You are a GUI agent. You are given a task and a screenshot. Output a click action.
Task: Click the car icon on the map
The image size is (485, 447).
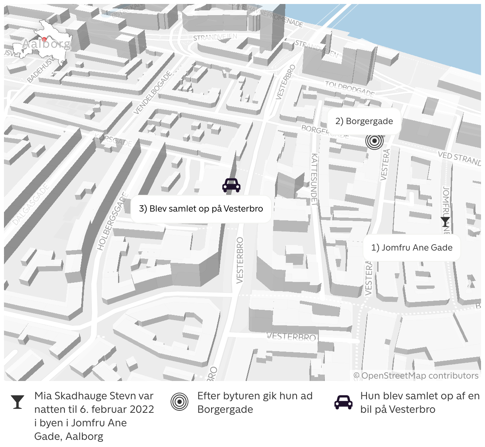click(231, 185)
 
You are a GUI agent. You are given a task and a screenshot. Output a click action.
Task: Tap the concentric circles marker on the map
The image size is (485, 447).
click(374, 141)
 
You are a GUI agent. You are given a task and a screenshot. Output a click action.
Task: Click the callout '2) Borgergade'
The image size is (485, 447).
click(364, 121)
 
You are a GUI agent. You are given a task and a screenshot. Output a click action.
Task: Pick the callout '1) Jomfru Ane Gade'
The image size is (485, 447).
click(412, 248)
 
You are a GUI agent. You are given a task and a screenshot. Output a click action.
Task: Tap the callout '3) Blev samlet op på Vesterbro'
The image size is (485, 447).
click(201, 209)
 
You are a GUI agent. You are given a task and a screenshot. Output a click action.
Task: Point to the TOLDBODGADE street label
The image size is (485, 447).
click(349, 89)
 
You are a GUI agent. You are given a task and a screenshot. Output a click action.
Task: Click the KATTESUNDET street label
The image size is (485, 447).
click(315, 179)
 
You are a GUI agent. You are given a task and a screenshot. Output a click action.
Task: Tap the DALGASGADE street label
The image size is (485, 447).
click(31, 204)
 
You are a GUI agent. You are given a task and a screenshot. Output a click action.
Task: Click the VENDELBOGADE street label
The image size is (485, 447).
click(153, 93)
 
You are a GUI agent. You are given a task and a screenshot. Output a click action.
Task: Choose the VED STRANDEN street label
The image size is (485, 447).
click(459, 158)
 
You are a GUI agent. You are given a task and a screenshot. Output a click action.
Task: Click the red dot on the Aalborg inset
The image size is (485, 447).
click(44, 39)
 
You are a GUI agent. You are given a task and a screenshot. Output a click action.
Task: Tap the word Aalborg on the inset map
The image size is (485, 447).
click(47, 44)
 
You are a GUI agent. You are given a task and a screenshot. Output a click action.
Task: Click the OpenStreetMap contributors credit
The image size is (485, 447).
click(416, 376)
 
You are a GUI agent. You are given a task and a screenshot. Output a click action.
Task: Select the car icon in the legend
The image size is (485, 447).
click(343, 402)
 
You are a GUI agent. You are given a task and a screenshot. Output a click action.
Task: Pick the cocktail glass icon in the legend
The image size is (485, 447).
click(17, 402)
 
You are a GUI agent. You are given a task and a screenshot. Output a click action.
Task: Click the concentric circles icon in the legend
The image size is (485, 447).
click(179, 402)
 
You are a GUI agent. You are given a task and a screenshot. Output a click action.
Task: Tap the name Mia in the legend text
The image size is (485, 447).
click(43, 396)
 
